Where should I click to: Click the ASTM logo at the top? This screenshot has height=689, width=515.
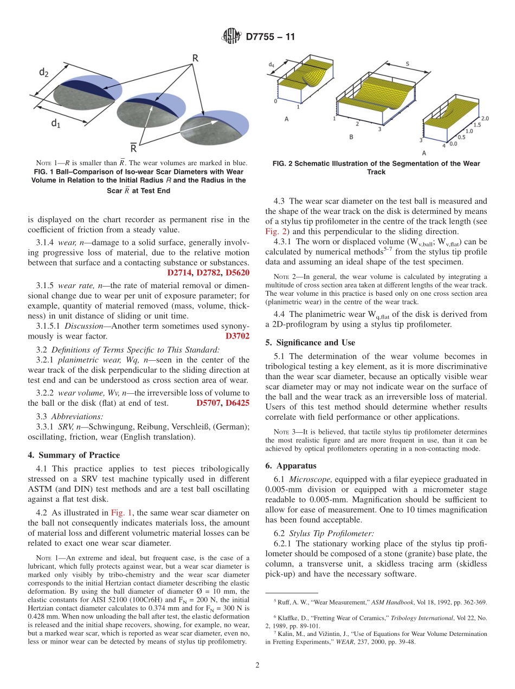(231, 37)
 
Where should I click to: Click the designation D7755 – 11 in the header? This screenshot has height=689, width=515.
(270, 37)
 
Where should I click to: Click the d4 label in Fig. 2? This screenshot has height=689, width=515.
(271, 64)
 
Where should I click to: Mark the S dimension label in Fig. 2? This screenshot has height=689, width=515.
(407, 63)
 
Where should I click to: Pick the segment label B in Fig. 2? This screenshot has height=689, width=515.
(351, 137)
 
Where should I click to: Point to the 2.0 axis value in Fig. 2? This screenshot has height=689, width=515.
(485, 118)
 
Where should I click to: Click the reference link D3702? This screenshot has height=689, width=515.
(237, 336)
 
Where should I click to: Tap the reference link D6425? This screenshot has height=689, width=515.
(237, 403)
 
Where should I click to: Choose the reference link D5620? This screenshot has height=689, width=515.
(237, 272)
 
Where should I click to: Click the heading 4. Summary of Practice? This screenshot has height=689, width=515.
(73, 455)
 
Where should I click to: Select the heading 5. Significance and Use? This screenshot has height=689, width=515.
(310, 342)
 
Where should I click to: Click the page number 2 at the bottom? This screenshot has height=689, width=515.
(257, 665)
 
